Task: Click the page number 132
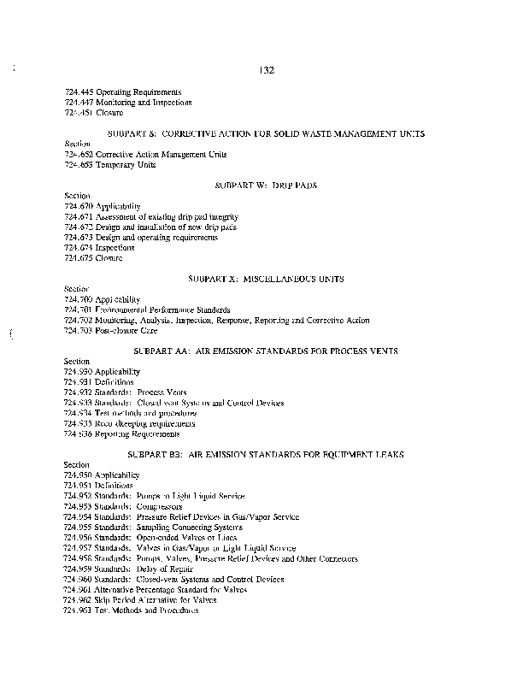(x=265, y=70)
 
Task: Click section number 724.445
(x=79, y=91)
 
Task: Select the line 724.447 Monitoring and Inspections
(x=128, y=102)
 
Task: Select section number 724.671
(x=79, y=217)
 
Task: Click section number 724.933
(x=79, y=404)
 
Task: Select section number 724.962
(x=79, y=600)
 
